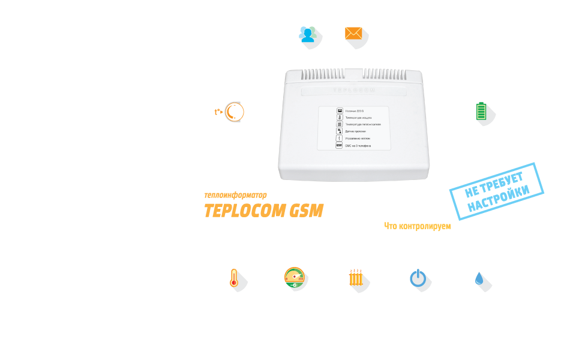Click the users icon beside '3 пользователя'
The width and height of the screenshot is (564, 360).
click(307, 34)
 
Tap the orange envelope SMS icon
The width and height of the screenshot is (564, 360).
click(353, 34)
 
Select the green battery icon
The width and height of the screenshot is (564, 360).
click(481, 112)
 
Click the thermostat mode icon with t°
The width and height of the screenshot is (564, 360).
click(229, 112)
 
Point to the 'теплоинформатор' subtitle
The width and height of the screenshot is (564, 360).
click(235, 195)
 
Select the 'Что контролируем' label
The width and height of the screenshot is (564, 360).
click(417, 226)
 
